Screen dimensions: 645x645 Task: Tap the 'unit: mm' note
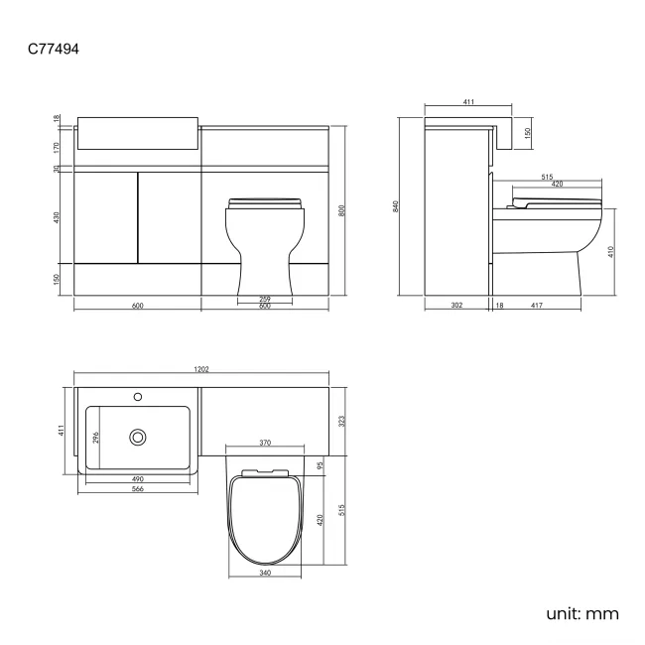coord(582,612)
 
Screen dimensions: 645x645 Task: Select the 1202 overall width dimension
coord(201,370)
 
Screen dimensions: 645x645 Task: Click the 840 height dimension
coord(395,206)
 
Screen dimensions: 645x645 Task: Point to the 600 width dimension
coord(137,306)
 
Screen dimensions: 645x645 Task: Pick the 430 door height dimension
coord(59,216)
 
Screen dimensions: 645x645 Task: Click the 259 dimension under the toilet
coord(264,299)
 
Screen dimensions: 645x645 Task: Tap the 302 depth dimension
coord(455,306)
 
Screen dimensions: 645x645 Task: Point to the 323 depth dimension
coord(342,422)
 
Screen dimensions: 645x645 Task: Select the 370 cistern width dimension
coord(264,443)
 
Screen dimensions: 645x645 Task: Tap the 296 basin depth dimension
coord(96,436)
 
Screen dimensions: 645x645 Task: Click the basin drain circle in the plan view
coord(137,435)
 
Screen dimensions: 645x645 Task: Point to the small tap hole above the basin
coord(137,397)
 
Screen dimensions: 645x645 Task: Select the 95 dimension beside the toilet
coord(321,464)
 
